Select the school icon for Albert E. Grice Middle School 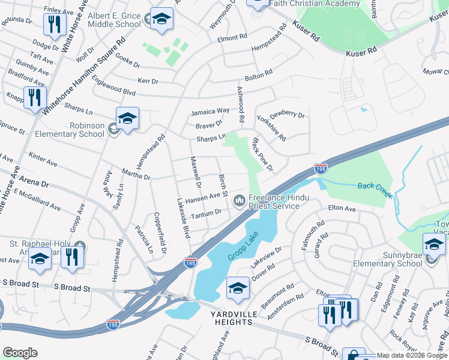[x=161, y=20]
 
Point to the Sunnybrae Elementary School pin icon [x=434, y=245]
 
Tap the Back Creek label [x=375, y=186]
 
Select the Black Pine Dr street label [x=262, y=154]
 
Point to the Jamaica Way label [x=210, y=112]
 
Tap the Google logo [x=20, y=353]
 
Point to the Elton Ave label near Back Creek [x=342, y=209]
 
